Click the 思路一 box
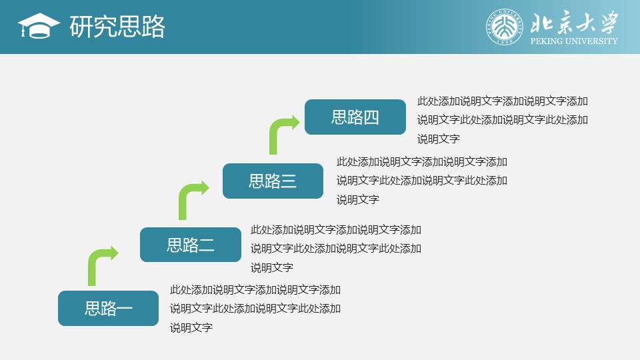108,308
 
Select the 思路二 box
191,245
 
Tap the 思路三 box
273,181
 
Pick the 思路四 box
355,117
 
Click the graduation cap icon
39,26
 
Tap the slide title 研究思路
117,27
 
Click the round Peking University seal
505,27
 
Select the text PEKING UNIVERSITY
574,41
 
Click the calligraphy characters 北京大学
574,23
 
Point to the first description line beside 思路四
503,101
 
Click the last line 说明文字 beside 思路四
439,139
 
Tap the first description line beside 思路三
422,161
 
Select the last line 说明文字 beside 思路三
358,199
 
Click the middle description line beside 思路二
336,249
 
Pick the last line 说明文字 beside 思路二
272,268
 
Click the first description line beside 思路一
255,290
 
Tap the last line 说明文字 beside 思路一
191,327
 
